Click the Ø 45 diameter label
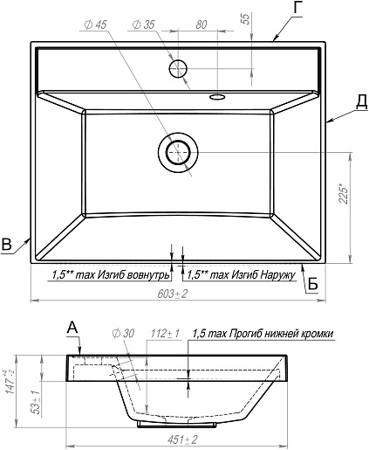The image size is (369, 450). point(96,24)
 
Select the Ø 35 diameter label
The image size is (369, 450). point(144,24)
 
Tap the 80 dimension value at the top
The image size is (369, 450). point(202,25)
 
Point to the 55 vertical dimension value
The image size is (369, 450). point(246,18)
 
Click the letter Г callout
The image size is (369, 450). point(297,8)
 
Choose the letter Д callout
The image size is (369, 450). point(361,102)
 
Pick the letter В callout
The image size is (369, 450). point(6,244)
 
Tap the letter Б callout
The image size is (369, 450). point(312,284)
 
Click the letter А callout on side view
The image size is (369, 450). point(72,328)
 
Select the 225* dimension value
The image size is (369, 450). point(343,194)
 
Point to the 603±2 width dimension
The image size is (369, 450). point(173,294)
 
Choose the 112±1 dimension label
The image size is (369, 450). point(165,334)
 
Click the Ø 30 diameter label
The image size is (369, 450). point(123,334)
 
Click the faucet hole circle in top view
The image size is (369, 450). point(178,68)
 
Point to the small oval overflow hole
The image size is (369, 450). point(216,97)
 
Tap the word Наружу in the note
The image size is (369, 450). point(277,274)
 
